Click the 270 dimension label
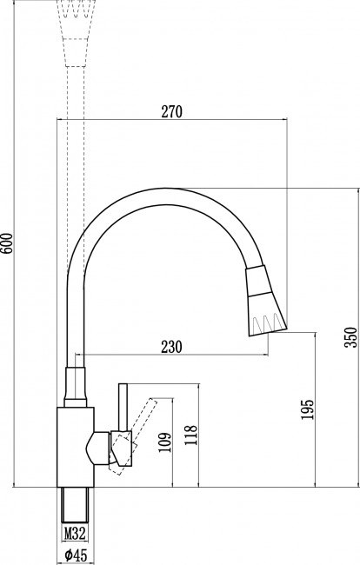pyautogui.click(x=171, y=111)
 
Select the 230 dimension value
pyautogui.click(x=171, y=346)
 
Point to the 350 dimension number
pyautogui.click(x=351, y=336)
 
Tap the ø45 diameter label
pyautogui.click(x=75, y=554)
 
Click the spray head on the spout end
pyautogui.click(x=265, y=300)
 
